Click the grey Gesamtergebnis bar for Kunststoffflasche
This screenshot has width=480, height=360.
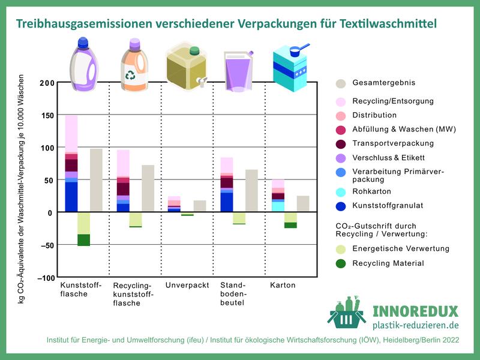pyautogui.click(x=96, y=180)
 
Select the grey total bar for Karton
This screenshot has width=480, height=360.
pyautogui.click(x=303, y=204)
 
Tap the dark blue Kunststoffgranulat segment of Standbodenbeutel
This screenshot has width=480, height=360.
pyautogui.click(x=227, y=202)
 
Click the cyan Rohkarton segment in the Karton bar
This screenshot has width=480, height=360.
pyautogui.click(x=278, y=206)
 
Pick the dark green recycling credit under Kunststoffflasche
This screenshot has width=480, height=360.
pyautogui.click(x=83, y=240)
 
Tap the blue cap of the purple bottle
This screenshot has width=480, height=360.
pyautogui.click(x=83, y=43)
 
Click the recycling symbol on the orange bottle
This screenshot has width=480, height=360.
pyautogui.click(x=130, y=76)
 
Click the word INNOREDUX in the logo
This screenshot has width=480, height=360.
pyautogui.click(x=415, y=311)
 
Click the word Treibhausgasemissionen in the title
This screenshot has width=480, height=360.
pyautogui.click(x=80, y=24)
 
